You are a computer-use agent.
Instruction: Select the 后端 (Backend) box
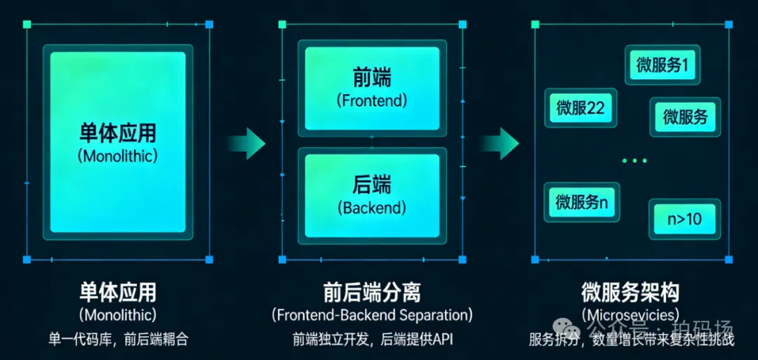(x=372, y=194)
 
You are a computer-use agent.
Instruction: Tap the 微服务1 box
(x=662, y=65)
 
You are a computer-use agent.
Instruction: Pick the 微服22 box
(x=580, y=108)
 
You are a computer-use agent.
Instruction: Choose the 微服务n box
(x=581, y=202)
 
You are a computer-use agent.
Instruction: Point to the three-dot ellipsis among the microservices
(x=634, y=161)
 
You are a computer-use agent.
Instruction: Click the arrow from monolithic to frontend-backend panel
(x=246, y=143)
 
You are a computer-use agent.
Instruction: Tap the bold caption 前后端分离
(x=372, y=292)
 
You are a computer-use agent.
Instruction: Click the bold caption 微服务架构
(x=630, y=292)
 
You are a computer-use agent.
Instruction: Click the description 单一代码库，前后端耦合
(x=118, y=340)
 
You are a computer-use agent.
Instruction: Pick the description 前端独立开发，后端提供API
(x=373, y=340)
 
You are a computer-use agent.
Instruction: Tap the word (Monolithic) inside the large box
(x=117, y=156)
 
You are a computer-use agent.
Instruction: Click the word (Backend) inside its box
(x=372, y=208)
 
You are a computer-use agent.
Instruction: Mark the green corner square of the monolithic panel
(x=27, y=25)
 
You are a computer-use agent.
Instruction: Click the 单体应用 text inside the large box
(x=117, y=133)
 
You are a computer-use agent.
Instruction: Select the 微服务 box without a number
(x=685, y=116)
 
